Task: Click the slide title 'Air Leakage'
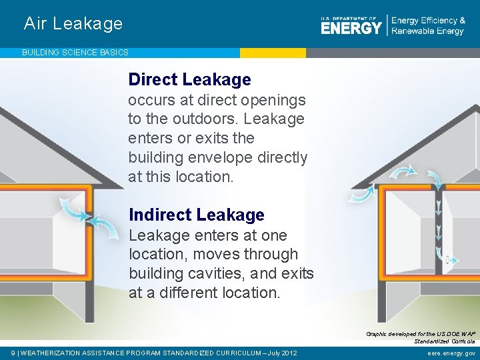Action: (x=73, y=23)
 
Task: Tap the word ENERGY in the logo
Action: (x=351, y=27)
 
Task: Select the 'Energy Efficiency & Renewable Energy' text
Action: (x=427, y=26)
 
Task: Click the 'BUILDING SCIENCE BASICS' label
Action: (x=75, y=52)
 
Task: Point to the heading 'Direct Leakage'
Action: (x=189, y=79)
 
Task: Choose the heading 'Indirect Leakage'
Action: (x=196, y=215)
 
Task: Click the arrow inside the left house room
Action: (x=74, y=208)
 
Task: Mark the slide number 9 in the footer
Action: (x=14, y=353)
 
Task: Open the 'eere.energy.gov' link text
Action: (x=451, y=353)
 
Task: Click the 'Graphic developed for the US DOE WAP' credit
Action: (x=420, y=333)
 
